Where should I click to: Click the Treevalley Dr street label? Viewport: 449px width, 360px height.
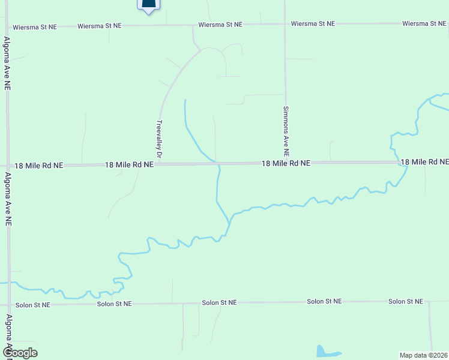(159, 139)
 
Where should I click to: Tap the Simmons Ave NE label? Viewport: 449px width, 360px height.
(286, 128)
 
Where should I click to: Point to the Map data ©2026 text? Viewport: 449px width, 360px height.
(423, 355)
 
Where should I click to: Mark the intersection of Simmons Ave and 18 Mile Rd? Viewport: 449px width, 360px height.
(286, 163)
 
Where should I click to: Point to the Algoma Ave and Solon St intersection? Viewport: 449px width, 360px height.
(9, 305)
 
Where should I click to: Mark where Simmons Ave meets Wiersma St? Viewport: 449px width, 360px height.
(285, 24)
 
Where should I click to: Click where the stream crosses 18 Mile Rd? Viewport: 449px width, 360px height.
(217, 163)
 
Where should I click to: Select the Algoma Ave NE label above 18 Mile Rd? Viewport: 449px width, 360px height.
(7, 63)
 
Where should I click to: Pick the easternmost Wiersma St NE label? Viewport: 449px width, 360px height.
(424, 23)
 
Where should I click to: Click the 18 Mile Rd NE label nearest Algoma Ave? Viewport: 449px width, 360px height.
(37, 165)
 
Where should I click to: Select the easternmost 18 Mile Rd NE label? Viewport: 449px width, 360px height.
(424, 162)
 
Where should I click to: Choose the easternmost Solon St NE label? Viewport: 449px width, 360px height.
(405, 301)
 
